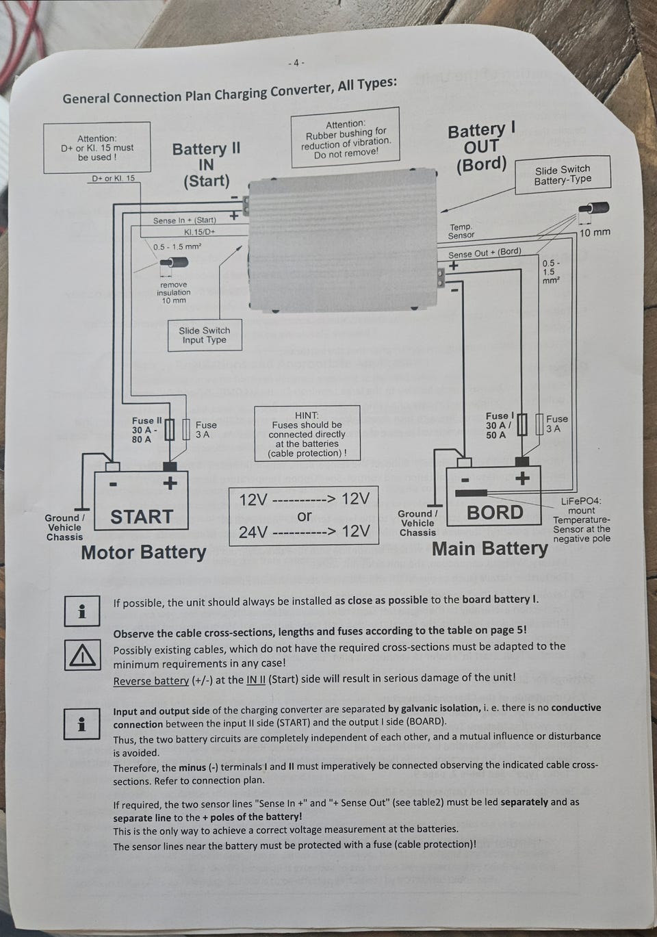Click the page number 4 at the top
point(296,63)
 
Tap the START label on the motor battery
point(142,516)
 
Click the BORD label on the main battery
point(495,512)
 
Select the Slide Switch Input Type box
point(204,335)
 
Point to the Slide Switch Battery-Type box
point(562,175)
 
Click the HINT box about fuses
point(307,434)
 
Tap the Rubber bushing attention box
point(346,138)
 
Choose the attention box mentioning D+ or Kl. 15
point(96,148)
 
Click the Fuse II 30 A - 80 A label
point(146,430)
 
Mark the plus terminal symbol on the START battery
point(170,483)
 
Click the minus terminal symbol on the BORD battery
point(465,479)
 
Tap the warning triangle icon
point(82,656)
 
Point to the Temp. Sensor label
point(461,231)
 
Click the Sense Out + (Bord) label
point(485,253)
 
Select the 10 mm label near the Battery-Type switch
point(595,233)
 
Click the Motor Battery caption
point(144,552)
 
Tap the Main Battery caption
point(490,548)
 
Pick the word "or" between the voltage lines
point(305,516)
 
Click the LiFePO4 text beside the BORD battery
point(581,501)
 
